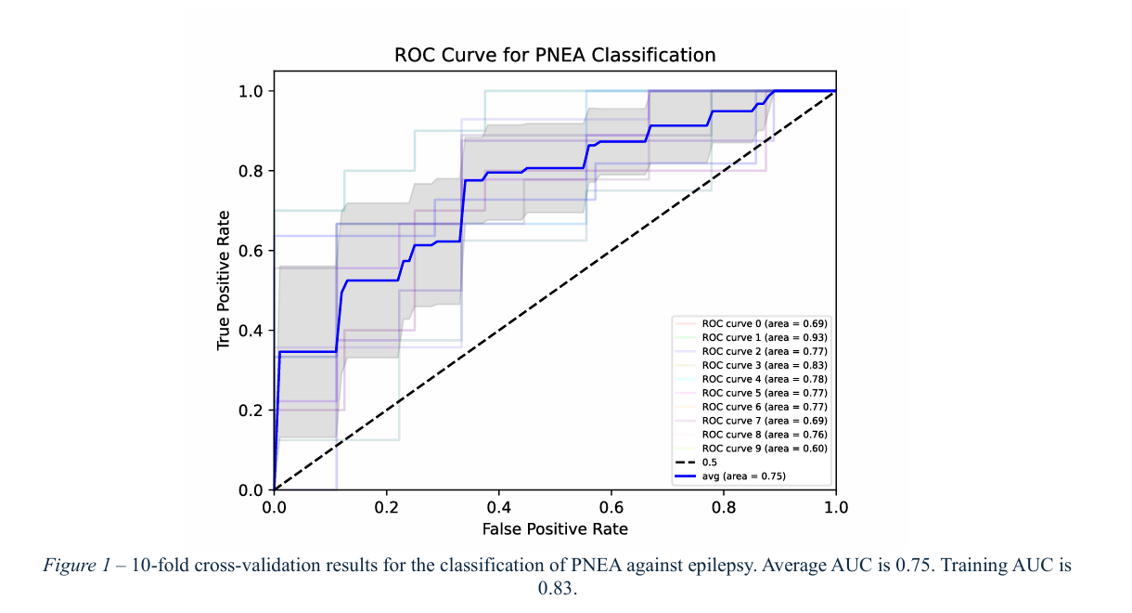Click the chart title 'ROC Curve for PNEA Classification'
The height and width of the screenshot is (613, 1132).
[x=555, y=55]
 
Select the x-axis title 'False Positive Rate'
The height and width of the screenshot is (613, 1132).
[x=555, y=529]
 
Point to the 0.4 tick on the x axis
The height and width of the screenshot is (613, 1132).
[x=498, y=508]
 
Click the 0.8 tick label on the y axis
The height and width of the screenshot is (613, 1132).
[x=252, y=171]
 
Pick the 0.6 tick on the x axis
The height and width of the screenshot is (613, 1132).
[x=611, y=508]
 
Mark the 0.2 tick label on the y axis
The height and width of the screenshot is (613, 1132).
[x=252, y=411]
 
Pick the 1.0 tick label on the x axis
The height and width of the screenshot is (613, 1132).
[x=836, y=508]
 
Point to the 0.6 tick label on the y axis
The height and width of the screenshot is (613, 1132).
[x=252, y=251]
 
